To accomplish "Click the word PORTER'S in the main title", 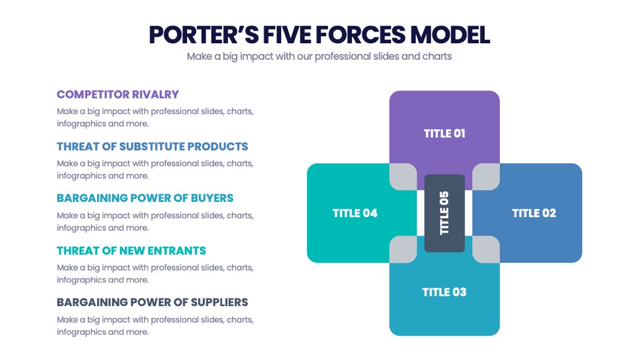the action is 204,35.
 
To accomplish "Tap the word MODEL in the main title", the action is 450,35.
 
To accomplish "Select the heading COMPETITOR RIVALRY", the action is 118,95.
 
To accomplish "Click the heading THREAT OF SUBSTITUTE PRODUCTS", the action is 153,146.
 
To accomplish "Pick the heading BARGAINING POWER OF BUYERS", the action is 145,198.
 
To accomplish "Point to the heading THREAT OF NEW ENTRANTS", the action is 131,250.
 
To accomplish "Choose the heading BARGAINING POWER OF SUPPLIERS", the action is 153,302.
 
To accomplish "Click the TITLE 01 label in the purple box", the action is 444,134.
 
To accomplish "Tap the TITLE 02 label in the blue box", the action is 534,213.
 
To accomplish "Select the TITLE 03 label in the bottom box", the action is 444,292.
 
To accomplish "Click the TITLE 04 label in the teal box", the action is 355,213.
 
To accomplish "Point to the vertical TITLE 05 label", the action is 444,213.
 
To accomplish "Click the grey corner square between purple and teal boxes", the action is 403,176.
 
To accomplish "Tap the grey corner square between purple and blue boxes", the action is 486,176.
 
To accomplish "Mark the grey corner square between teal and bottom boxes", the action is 403,249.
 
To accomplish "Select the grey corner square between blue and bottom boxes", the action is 486,249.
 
